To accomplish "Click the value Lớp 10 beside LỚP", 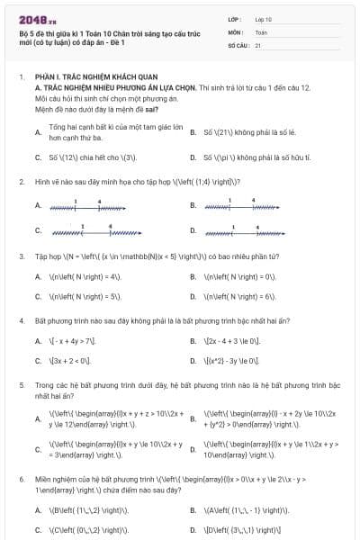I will [x=264, y=18].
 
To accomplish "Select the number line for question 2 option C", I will [x=84, y=229].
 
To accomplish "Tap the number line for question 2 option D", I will [x=238, y=229].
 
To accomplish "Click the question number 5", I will [x=21, y=384].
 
